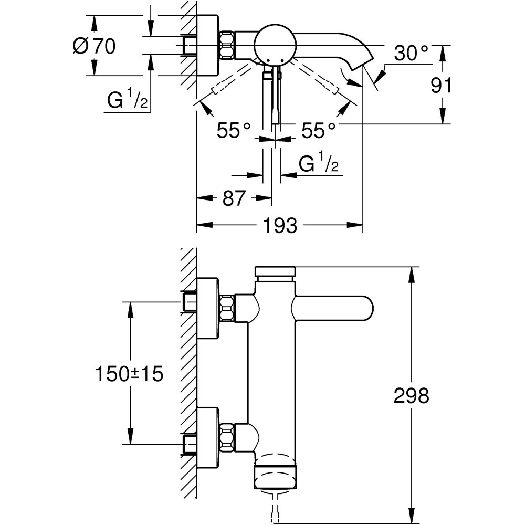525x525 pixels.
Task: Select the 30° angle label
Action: click(412, 52)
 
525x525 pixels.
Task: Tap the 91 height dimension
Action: click(441, 85)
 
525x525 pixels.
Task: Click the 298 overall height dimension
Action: click(411, 396)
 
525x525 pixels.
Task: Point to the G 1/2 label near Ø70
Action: click(127, 101)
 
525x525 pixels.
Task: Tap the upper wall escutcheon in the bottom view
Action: click(206, 308)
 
